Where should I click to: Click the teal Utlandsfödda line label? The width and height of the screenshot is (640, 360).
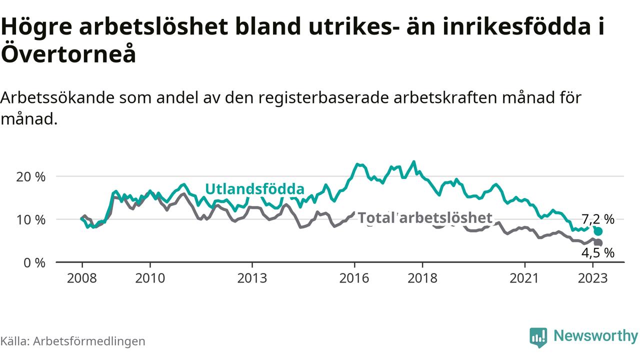click(x=255, y=189)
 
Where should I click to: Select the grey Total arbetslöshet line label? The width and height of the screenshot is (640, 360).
click(x=425, y=218)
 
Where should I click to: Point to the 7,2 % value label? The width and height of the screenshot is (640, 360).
click(x=598, y=219)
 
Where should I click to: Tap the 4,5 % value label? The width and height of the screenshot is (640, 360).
click(x=597, y=253)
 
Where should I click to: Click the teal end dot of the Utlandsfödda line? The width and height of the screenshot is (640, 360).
click(x=598, y=231)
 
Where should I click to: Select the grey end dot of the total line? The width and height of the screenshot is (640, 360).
click(x=598, y=242)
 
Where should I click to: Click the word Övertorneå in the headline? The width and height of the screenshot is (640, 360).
click(x=68, y=54)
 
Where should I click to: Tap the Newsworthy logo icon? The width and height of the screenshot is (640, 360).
click(x=538, y=337)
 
